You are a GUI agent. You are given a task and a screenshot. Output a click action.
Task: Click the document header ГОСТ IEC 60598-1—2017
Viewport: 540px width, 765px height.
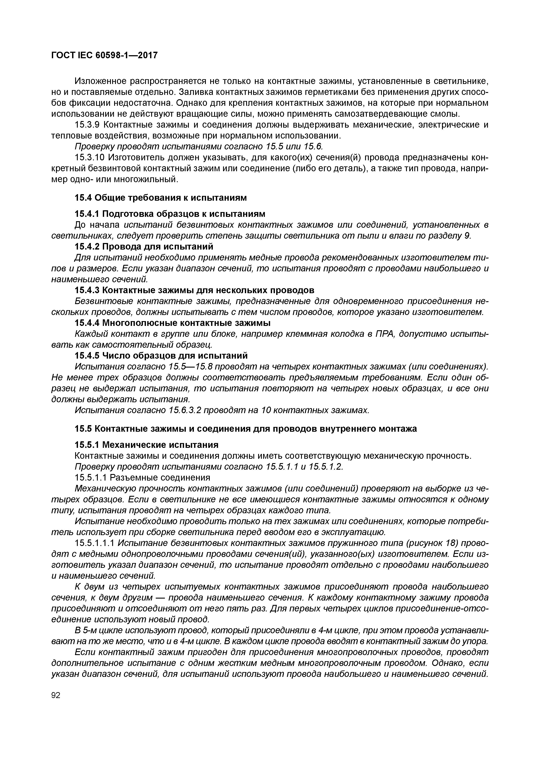pyautogui.click(x=104, y=55)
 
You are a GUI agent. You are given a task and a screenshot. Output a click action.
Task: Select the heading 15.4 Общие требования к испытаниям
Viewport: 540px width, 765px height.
pyautogui.click(x=161, y=198)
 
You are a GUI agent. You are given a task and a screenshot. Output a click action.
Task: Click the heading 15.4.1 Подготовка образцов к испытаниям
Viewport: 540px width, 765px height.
pyautogui.click(x=170, y=213)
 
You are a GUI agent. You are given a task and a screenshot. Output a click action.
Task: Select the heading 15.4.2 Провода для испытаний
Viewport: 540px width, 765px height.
pyautogui.click(x=144, y=246)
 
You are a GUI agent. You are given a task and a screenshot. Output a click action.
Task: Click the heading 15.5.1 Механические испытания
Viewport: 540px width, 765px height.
pyautogui.click(x=146, y=445)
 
